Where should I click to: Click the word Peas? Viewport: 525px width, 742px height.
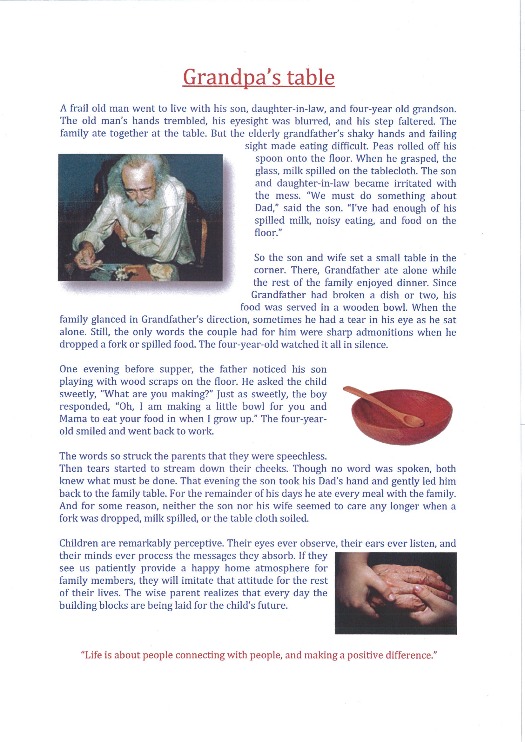click(382, 146)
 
